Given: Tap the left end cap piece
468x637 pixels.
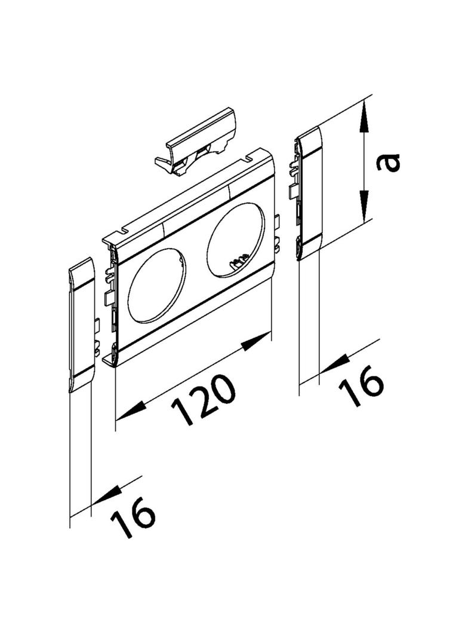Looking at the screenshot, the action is [x=81, y=324].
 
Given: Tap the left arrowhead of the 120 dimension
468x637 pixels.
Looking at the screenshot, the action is [x=131, y=411].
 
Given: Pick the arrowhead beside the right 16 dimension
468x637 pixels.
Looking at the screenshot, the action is [x=335, y=363].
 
